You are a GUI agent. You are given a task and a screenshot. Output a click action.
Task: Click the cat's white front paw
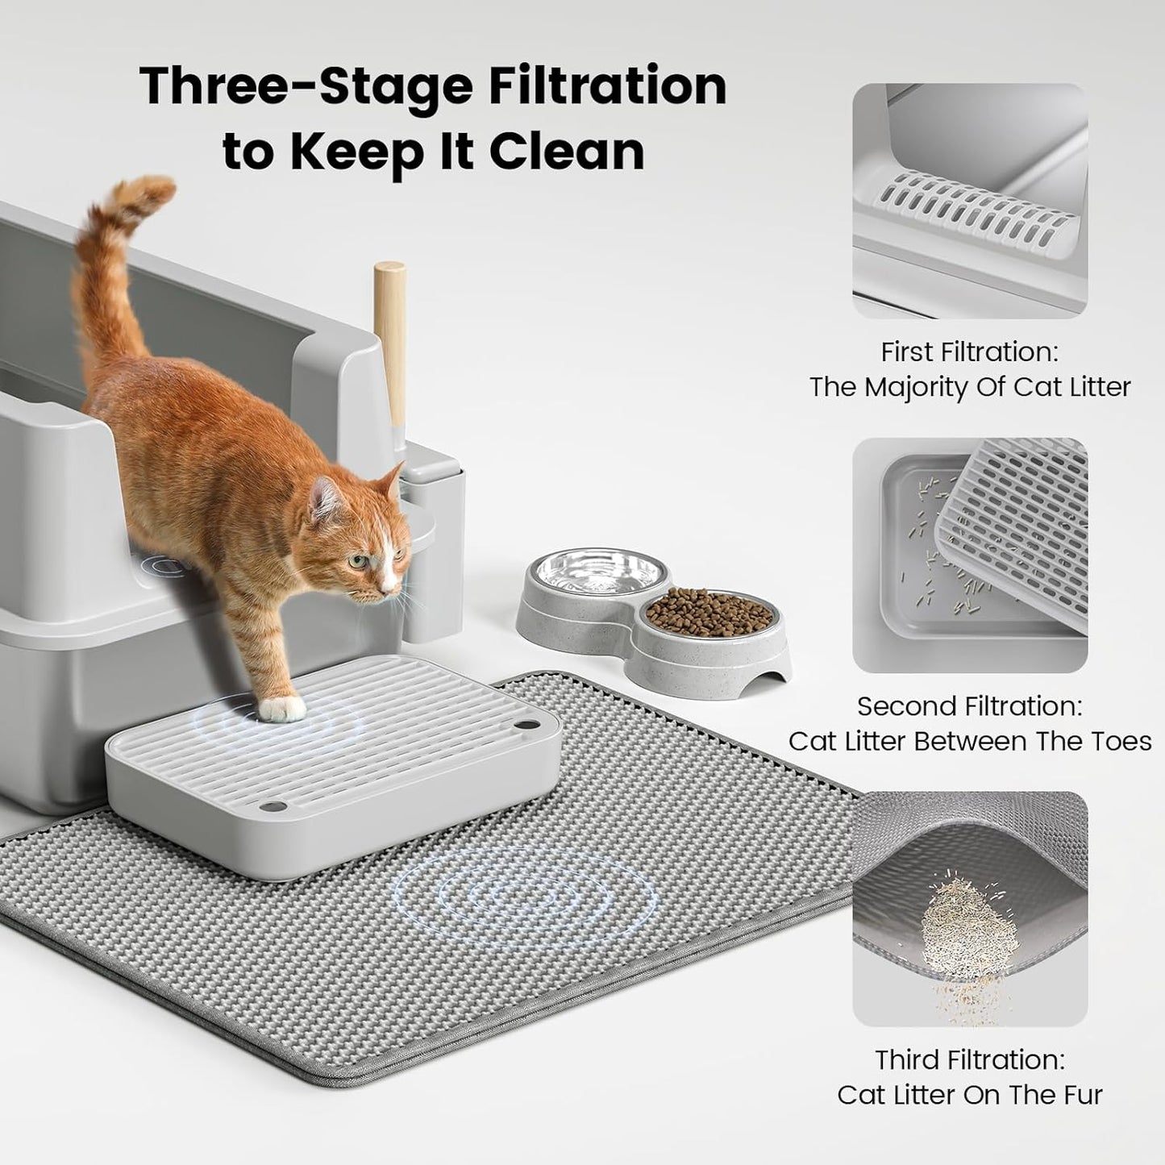click(x=283, y=709)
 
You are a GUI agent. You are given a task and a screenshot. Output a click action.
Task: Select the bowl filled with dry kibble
click(x=709, y=614)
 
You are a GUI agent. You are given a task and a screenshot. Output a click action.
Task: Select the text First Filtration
click(x=969, y=352)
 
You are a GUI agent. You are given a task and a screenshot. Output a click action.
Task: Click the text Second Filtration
click(x=969, y=705)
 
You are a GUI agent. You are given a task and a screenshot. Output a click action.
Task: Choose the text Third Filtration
click(x=969, y=1059)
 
